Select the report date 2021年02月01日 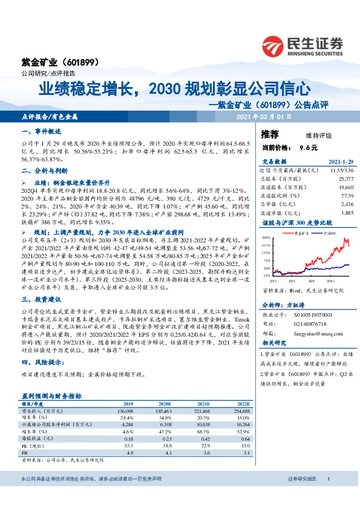(x=264, y=116)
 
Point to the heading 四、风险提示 (x=42, y=363)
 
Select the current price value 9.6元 (x=309, y=147)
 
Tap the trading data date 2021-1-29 (x=339, y=163)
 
